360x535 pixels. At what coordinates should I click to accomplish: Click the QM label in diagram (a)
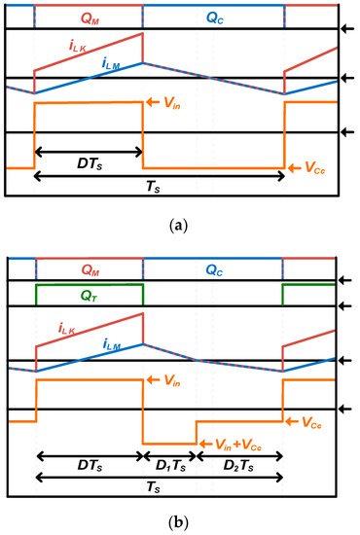tap(89, 16)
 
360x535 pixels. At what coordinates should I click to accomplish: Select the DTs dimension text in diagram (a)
tap(89, 161)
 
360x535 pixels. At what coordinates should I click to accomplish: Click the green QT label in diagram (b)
tap(89, 293)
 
